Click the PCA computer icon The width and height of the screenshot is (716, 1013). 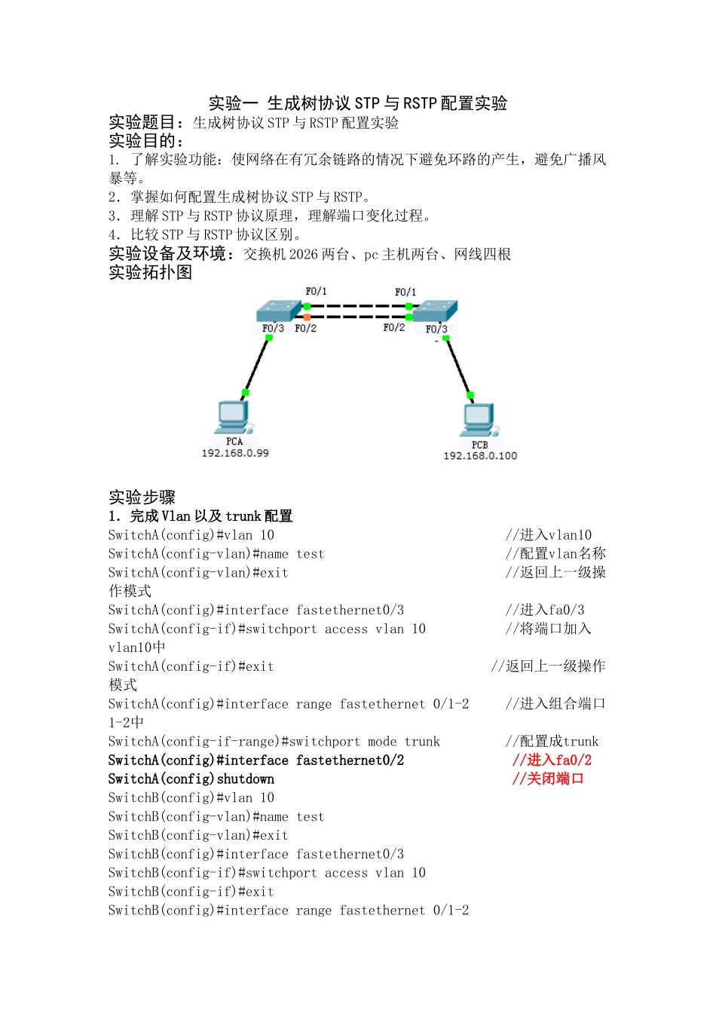click(x=233, y=416)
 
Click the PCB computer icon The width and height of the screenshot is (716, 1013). click(x=479, y=420)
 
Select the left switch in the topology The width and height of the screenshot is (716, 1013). click(x=278, y=311)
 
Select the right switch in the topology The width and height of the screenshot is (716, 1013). click(x=436, y=311)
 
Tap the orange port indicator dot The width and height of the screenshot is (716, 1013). click(x=307, y=317)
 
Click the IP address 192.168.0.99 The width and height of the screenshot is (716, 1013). click(x=235, y=453)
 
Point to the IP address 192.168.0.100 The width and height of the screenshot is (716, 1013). click(x=480, y=456)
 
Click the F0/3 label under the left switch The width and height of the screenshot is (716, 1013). click(x=273, y=329)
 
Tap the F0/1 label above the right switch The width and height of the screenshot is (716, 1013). click(x=405, y=292)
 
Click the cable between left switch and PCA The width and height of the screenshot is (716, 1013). click(x=257, y=366)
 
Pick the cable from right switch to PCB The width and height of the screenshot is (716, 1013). click(x=458, y=367)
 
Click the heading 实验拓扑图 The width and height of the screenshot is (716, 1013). click(x=151, y=273)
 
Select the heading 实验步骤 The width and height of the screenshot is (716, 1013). click(x=142, y=497)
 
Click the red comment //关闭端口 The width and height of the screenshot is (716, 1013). click(x=548, y=779)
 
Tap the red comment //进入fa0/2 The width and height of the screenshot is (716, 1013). click(x=552, y=761)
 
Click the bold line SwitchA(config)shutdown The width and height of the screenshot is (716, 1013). click(x=191, y=779)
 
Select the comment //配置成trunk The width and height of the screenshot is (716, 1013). click(x=552, y=742)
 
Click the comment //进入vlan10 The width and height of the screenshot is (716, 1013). click(x=549, y=535)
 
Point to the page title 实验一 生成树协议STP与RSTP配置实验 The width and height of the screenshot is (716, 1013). click(x=358, y=103)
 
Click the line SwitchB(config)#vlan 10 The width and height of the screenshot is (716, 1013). click(x=191, y=798)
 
